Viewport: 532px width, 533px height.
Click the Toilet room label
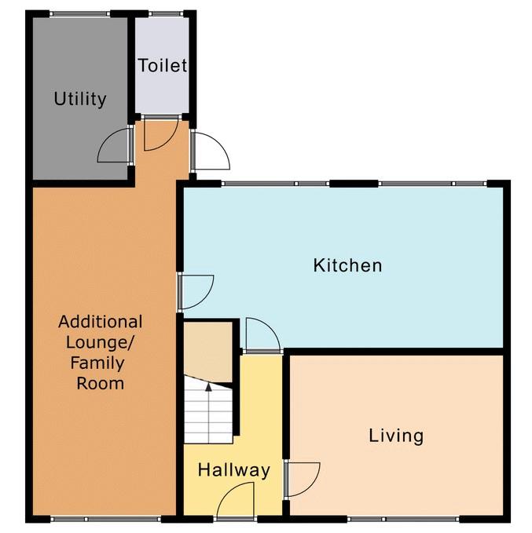pos(163,65)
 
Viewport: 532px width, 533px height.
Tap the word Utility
pos(80,99)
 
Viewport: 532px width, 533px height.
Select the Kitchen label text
pos(347,265)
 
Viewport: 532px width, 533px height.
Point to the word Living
pos(396,436)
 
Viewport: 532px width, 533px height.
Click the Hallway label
pos(234,470)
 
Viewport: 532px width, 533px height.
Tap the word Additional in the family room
pos(101,322)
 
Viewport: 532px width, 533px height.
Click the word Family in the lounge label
pos(97,363)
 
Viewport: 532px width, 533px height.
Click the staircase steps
pos(208,411)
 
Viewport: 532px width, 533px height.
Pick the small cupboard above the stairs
pos(208,352)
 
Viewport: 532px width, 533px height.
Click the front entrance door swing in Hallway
pos(236,500)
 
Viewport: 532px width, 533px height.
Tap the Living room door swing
pos(303,479)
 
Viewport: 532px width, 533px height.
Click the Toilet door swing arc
pos(160,133)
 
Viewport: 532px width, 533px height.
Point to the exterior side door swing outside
pos(210,151)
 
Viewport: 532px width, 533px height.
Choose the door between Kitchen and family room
pos(196,292)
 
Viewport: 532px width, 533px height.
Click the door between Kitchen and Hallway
pos(262,334)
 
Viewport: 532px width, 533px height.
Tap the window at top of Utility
pos(80,13)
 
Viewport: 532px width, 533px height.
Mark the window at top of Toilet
pos(166,13)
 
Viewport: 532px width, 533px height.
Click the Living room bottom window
pos(403,519)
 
